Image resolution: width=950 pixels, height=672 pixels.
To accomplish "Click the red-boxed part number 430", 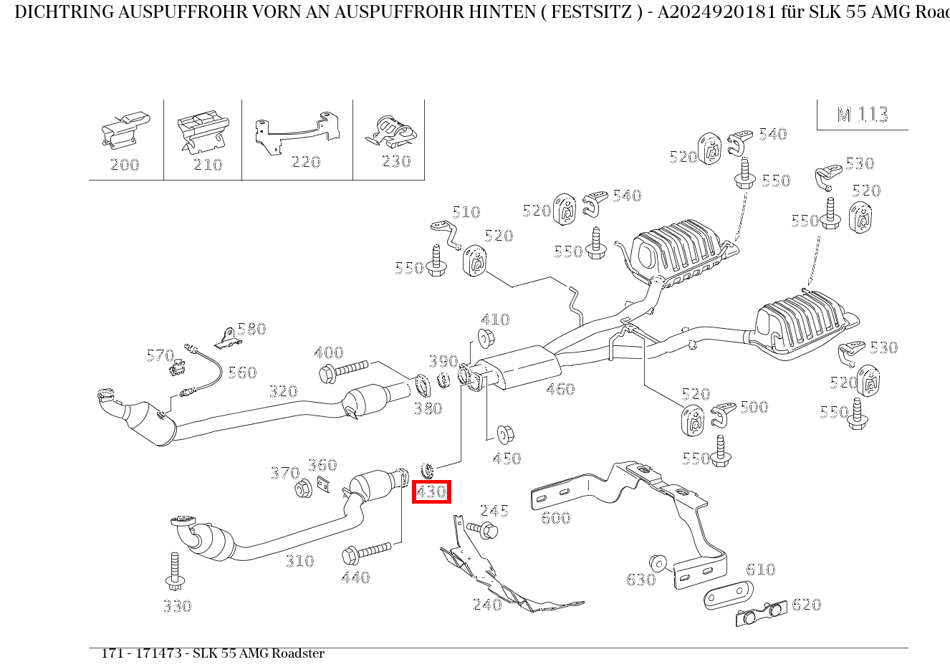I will pos(431,492).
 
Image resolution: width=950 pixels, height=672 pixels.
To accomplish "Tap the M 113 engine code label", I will pos(863,115).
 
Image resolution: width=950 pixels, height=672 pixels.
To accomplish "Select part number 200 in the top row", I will pos(125,165).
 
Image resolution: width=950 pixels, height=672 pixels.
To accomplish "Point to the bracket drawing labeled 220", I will pos(297,132).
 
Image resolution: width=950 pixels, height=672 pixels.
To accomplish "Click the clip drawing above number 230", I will pos(390,132).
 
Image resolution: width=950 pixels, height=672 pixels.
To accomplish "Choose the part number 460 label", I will pos(560,389).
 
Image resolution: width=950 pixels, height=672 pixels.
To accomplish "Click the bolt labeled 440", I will pos(367,553).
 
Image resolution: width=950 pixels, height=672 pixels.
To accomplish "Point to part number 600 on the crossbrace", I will pos(556,517).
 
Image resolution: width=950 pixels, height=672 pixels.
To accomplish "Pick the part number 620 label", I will pos(806,605).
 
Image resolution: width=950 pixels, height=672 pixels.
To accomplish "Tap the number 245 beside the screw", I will pos(494,510).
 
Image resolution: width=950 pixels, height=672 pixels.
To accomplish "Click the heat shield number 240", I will pos(487,605).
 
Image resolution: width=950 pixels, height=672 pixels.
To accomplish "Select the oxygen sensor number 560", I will pos(242,373).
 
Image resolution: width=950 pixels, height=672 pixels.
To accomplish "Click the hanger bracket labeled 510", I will pos(446,233).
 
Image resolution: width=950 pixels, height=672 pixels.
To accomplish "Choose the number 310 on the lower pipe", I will pos(299,561).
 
